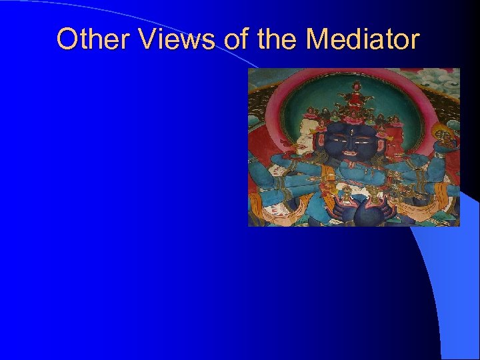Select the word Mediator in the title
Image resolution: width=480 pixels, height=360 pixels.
tap(363, 39)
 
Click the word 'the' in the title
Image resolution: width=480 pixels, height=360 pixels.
tap(277, 39)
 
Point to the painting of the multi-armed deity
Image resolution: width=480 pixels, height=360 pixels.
tap(353, 147)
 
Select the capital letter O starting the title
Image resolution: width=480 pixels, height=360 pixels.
tap(67, 39)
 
